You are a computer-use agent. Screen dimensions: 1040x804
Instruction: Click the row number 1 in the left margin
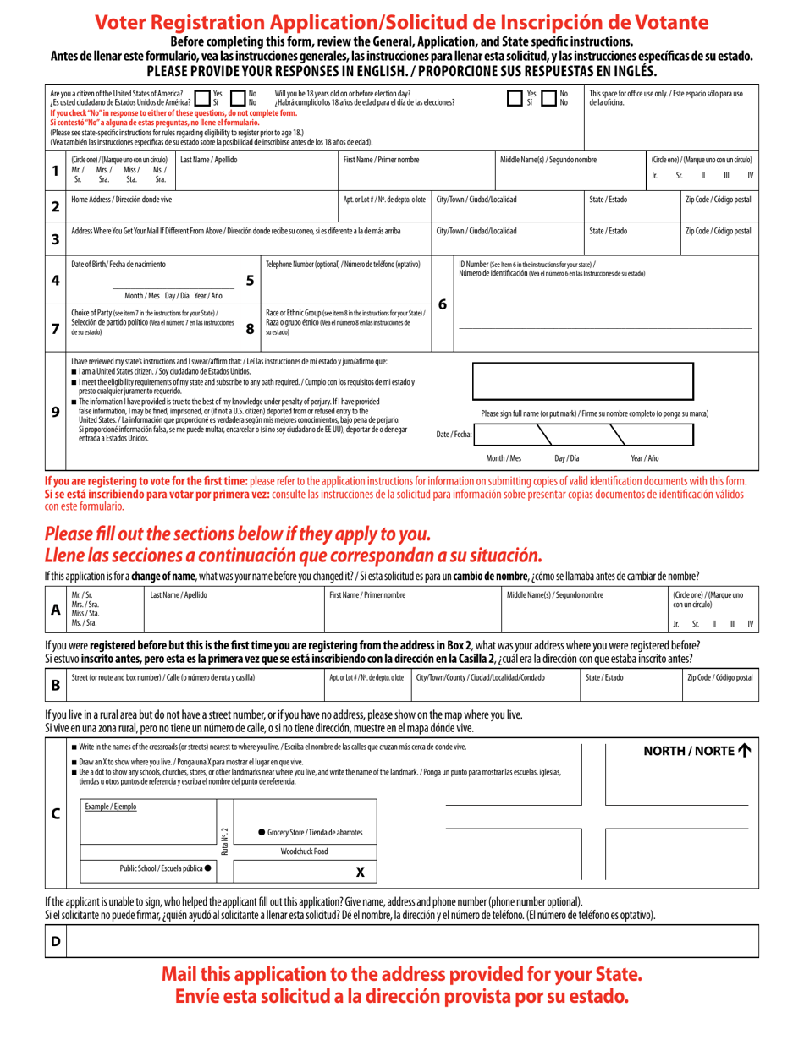(55, 170)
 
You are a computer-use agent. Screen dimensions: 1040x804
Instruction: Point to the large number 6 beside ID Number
(443, 304)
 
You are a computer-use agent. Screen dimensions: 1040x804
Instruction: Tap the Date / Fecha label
(454, 434)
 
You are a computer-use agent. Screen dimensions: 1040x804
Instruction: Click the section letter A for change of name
(55, 609)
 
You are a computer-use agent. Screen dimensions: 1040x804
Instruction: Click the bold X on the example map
(360, 872)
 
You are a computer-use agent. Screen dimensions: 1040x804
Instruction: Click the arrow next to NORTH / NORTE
(744, 750)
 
